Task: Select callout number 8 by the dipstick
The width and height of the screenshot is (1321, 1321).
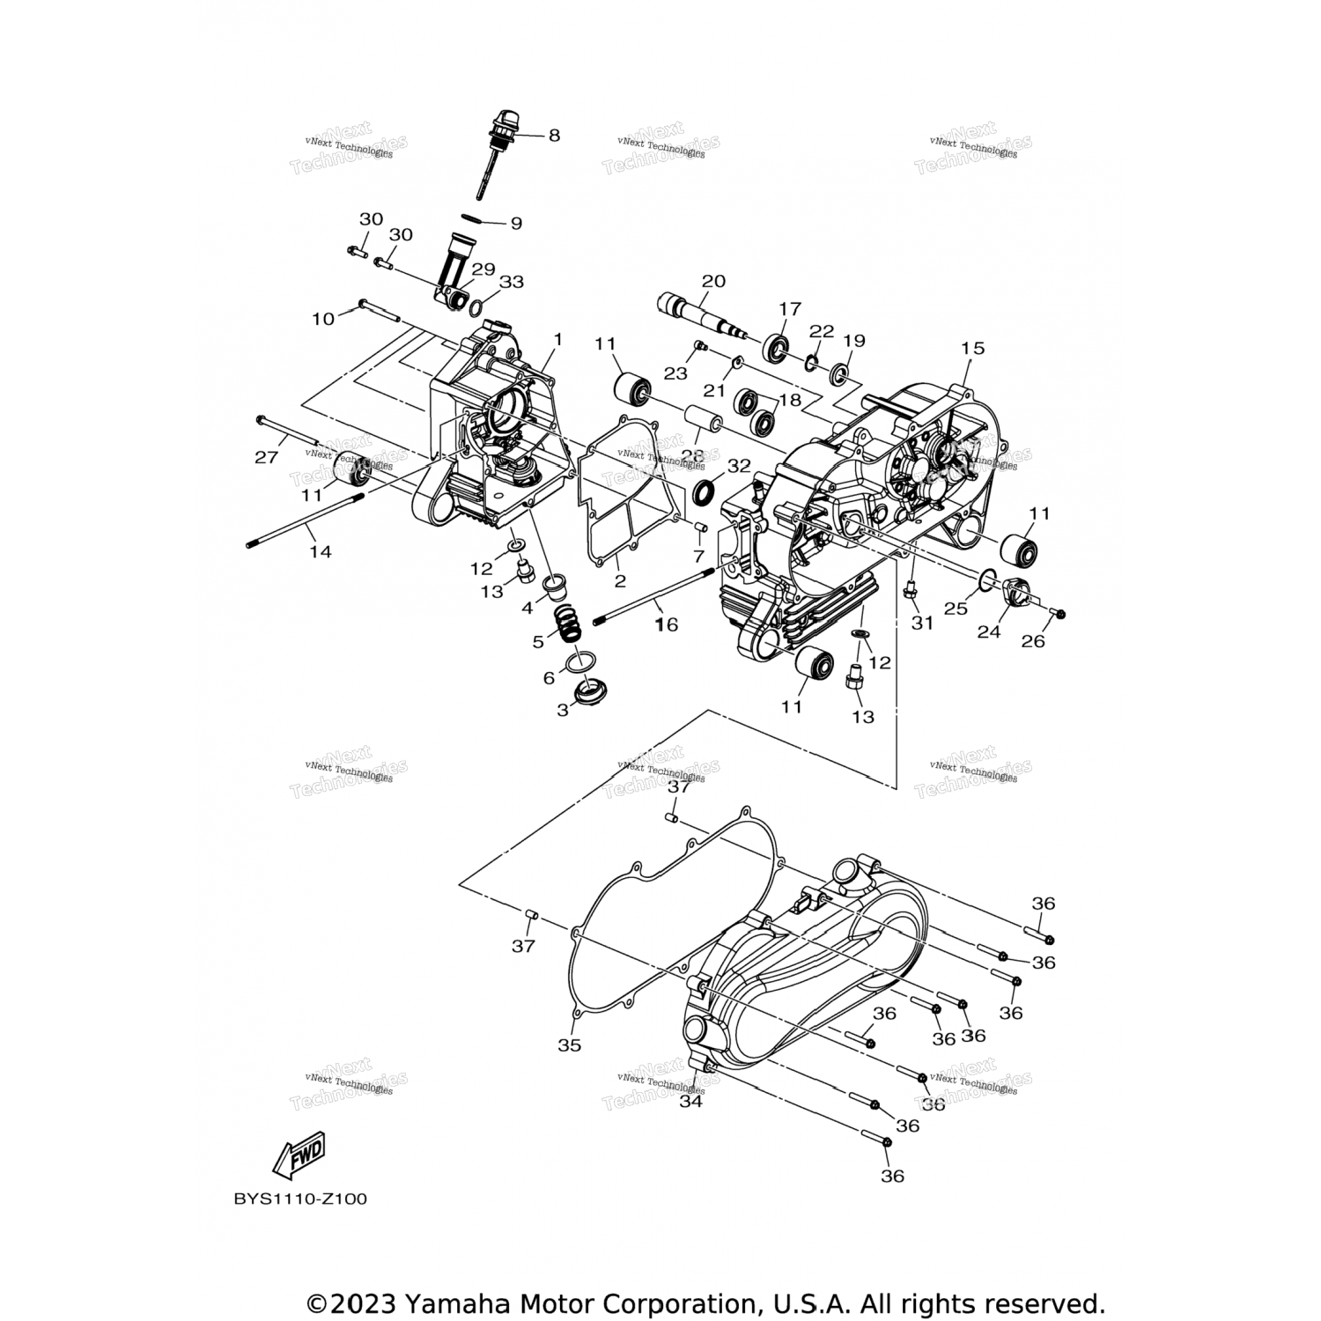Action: tap(554, 136)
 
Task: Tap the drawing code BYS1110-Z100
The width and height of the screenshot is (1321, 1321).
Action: tap(300, 1199)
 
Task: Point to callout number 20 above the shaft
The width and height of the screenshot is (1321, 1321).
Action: tap(713, 281)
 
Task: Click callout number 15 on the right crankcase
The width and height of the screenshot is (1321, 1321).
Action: tap(971, 348)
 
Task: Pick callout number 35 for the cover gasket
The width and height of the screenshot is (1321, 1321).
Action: tap(570, 1045)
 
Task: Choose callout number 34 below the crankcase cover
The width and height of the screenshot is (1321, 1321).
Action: tap(691, 1100)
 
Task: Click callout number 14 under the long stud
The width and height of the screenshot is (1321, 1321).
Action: tap(321, 551)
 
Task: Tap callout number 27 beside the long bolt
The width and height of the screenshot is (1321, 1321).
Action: tap(266, 457)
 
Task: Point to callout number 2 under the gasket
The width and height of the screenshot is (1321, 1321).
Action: tap(620, 580)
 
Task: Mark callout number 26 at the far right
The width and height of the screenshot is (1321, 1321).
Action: tap(1033, 641)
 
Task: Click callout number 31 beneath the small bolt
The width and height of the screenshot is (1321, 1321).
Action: tap(921, 623)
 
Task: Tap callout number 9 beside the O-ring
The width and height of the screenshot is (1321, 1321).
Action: tap(516, 223)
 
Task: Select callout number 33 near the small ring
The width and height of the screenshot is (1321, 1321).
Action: tap(512, 282)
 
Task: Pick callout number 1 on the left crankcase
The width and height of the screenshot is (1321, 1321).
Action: tap(557, 339)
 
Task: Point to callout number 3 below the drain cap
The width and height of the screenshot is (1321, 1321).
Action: tap(563, 710)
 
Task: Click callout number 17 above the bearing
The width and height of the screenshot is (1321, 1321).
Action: tap(790, 309)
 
